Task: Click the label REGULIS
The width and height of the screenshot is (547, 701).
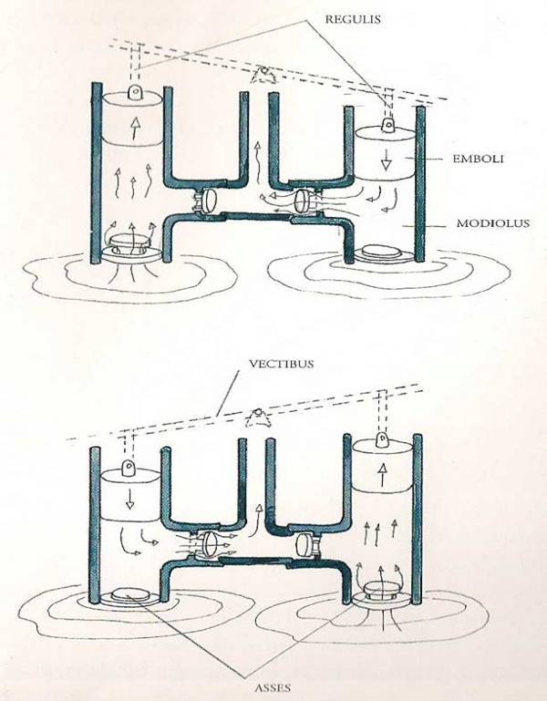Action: (353, 19)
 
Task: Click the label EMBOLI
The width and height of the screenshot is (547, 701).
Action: (478, 159)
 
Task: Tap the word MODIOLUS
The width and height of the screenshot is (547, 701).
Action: (492, 222)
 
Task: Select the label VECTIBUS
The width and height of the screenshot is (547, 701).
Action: (281, 364)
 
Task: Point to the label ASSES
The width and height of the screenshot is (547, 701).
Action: (273, 687)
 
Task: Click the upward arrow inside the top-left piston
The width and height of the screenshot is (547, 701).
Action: (133, 129)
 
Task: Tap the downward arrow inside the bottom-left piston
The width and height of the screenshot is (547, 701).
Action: (129, 499)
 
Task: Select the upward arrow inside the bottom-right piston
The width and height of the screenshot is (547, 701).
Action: (382, 475)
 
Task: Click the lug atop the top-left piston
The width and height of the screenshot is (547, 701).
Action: (134, 93)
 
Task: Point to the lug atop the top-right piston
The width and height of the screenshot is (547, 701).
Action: (387, 125)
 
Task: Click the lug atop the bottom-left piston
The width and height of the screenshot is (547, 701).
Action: (129, 468)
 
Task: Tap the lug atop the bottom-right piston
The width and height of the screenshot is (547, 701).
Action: (382, 439)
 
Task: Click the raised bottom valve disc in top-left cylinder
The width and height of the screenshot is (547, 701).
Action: (129, 242)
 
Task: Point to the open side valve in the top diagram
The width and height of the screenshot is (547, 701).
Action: (303, 200)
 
